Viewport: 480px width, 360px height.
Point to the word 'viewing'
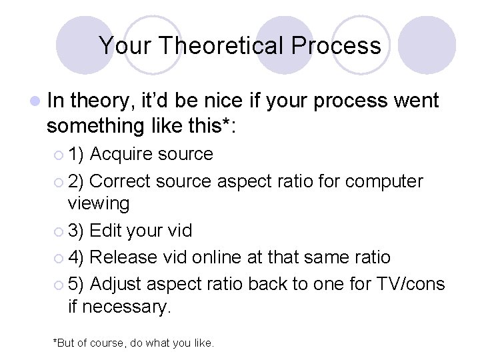point(99,203)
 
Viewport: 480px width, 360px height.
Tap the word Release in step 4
point(124,257)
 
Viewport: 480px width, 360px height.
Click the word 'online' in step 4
point(219,257)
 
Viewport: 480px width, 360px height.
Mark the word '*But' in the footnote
point(65,343)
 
